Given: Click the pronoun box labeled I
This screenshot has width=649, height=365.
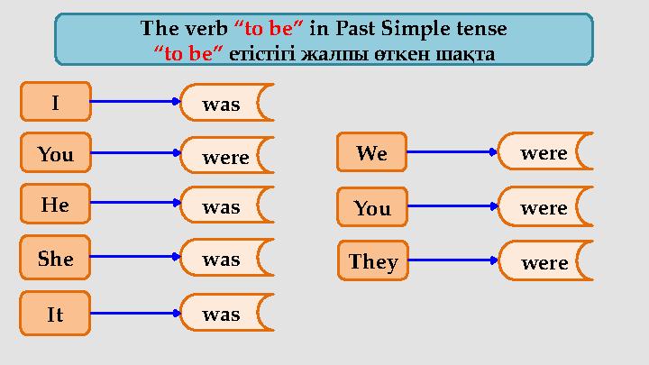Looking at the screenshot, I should point(55,102).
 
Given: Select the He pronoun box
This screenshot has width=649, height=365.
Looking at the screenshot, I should point(55,205).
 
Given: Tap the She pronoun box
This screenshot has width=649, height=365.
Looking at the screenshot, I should point(55,259).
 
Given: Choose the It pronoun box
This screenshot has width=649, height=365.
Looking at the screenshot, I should point(55,314).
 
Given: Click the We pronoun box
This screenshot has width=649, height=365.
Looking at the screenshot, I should point(371,153).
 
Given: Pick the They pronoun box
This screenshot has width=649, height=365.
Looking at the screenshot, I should point(372,262).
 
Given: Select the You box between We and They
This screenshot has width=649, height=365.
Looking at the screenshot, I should point(371,208).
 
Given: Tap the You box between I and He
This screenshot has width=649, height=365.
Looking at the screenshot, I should point(55,153).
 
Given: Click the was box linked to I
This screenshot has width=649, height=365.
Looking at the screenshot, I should point(226,104).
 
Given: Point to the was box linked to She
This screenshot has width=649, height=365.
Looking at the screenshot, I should point(226,260).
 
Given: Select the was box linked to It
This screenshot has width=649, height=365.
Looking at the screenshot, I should point(226,314).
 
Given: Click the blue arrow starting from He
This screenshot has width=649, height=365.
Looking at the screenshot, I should point(136,205).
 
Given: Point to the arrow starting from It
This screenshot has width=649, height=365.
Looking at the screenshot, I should point(136,314).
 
